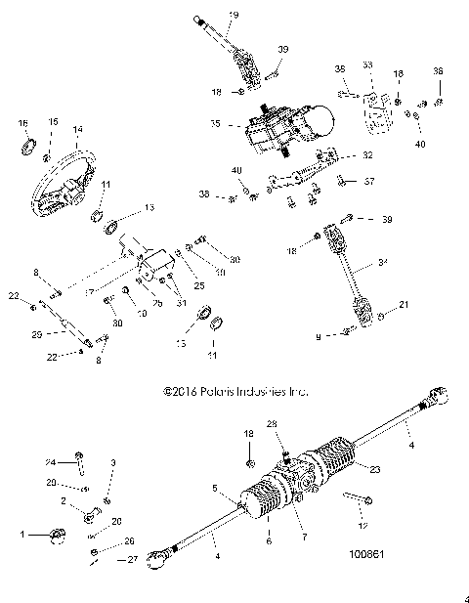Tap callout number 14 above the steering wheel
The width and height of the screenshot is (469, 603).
(x=77, y=129)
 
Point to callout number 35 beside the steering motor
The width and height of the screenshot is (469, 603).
(x=216, y=125)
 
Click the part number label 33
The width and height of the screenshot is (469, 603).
(x=368, y=65)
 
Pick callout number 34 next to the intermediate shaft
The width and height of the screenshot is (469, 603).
(x=382, y=261)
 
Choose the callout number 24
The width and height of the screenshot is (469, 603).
(x=51, y=462)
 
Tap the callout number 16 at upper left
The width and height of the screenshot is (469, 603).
(x=22, y=123)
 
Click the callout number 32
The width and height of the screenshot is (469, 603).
(x=367, y=155)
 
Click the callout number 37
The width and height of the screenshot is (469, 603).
(x=368, y=181)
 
